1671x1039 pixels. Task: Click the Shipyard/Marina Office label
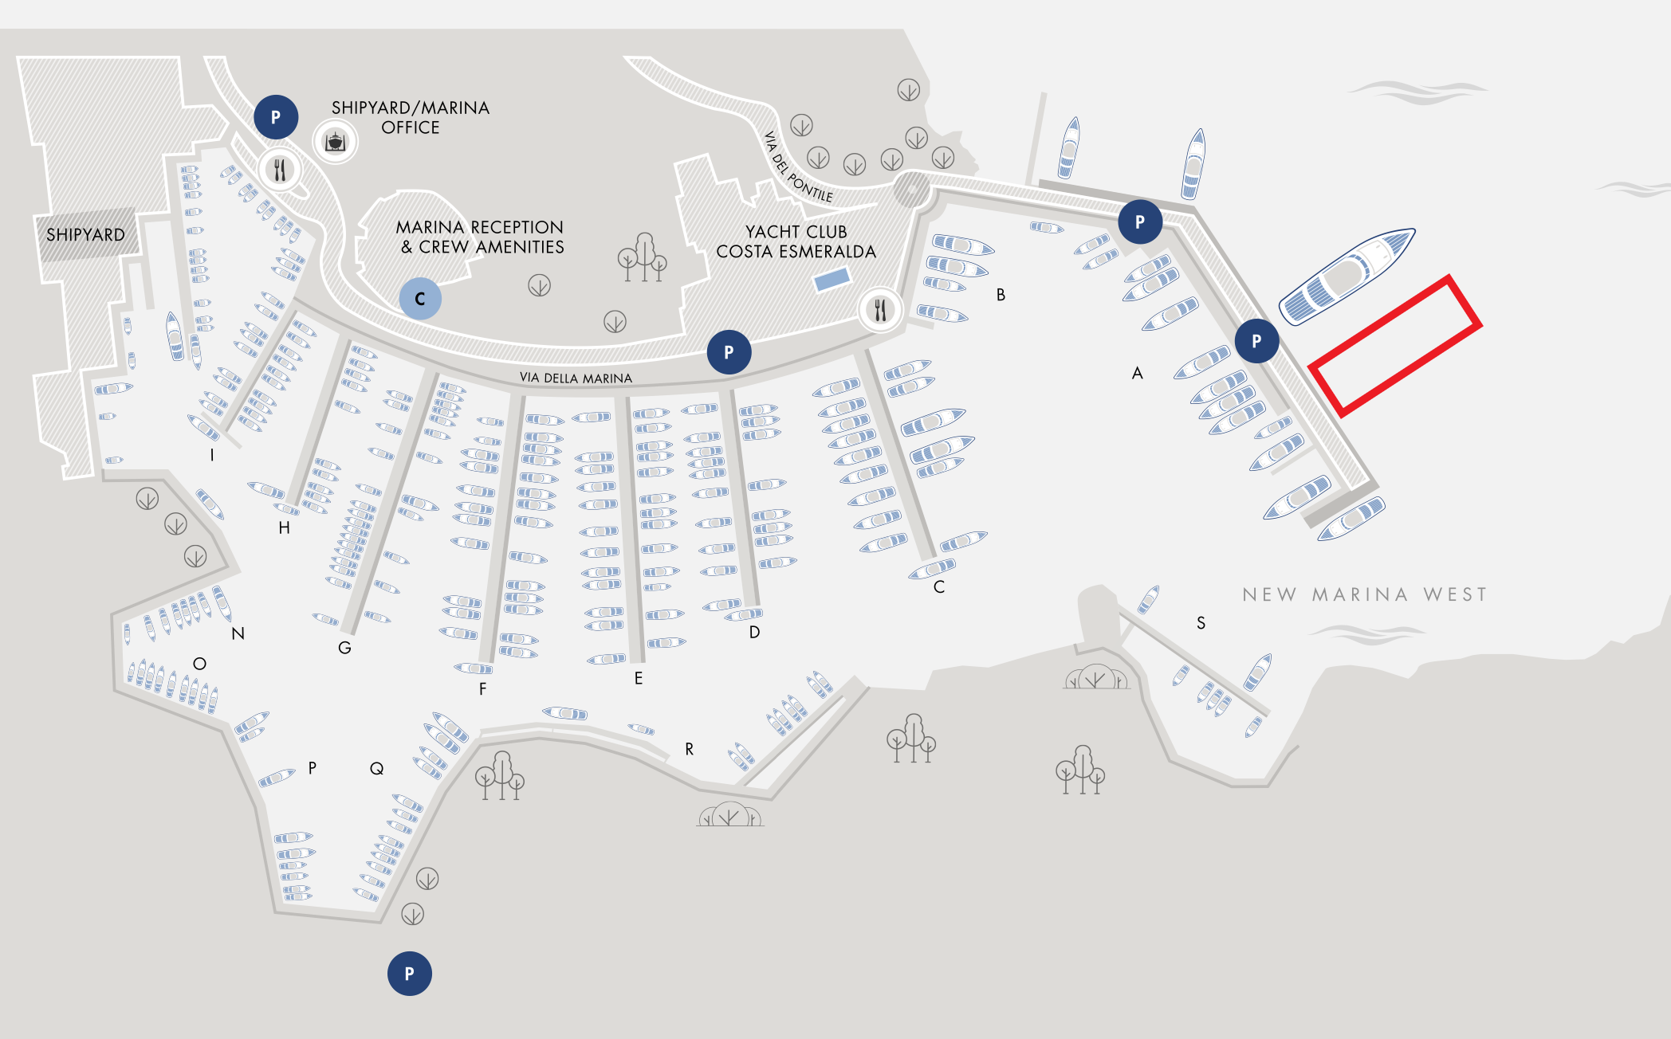[x=410, y=117]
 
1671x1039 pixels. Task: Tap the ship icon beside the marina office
[x=335, y=142]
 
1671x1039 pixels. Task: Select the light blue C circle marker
[x=419, y=299]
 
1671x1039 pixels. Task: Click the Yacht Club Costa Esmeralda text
[x=796, y=241]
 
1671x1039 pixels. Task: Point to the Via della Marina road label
[x=576, y=378]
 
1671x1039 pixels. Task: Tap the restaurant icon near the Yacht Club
[x=880, y=309]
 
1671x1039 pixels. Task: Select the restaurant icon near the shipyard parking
[x=280, y=170]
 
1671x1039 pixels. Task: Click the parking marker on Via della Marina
[x=729, y=351]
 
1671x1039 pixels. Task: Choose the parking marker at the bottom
[x=409, y=973]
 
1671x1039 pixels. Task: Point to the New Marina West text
[x=1364, y=594]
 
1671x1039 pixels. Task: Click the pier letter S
[x=1201, y=623]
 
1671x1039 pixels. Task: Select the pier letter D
[x=754, y=632]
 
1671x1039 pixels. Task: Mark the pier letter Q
[x=376, y=768]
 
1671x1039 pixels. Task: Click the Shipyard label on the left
[x=85, y=235]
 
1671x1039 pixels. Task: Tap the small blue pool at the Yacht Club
[x=832, y=280]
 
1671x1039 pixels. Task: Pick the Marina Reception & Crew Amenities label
[x=480, y=237]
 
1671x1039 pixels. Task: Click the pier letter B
[x=1001, y=295]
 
